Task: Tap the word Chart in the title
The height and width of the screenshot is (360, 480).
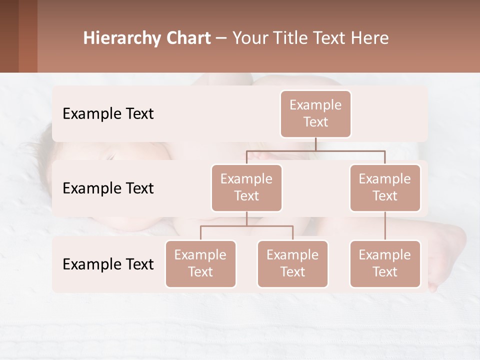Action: coord(188,38)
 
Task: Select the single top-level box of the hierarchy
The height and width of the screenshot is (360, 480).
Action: coord(315,114)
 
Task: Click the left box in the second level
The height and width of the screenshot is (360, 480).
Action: coord(246,188)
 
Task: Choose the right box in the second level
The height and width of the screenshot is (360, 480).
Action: coord(385,188)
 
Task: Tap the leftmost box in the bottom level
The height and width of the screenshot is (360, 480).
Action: coord(200,264)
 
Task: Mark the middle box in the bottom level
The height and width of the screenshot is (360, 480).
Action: coord(292,264)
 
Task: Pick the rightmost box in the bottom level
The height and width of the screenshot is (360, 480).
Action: coord(385,264)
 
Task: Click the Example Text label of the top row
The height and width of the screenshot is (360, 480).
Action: coord(108,114)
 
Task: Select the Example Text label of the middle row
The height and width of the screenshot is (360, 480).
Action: coord(108,188)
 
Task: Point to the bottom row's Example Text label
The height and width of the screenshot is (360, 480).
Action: coord(108,264)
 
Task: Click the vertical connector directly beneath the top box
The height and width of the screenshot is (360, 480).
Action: coord(315,144)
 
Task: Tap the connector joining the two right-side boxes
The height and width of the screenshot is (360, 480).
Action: coord(385,226)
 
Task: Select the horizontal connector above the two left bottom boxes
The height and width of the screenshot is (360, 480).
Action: coord(246,226)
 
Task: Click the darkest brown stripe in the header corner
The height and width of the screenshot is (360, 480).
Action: coord(9,36)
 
